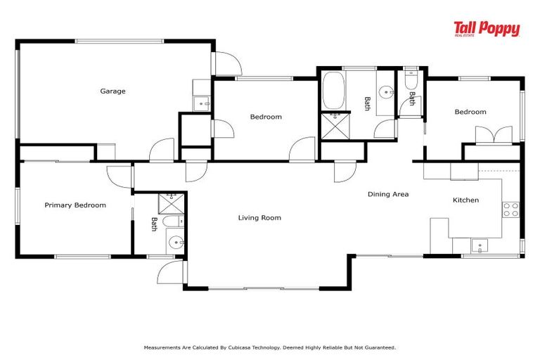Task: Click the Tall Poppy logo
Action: pos(487,29)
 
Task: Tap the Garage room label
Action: pos(112,91)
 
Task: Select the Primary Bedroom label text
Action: pos(75,205)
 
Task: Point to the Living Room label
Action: pos(259,218)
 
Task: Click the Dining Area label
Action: pos(388,194)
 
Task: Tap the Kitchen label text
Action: pos(465,200)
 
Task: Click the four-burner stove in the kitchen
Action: pos(510,209)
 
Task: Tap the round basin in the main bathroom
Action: pos(386,91)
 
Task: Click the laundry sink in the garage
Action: pos(202,104)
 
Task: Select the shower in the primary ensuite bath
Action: pos(169,203)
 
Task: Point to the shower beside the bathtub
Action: pos(332,126)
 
